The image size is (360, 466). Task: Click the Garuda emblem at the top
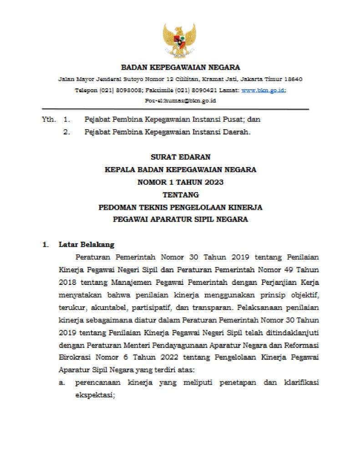click(x=180, y=40)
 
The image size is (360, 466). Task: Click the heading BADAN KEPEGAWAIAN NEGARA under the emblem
click(x=180, y=68)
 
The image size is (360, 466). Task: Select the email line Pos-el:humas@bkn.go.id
click(x=180, y=101)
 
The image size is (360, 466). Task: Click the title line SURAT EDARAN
click(x=180, y=157)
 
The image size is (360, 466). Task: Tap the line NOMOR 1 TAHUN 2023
click(x=180, y=182)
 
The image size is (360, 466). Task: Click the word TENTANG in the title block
click(x=180, y=194)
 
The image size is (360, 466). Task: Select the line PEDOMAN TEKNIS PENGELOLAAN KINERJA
click(x=180, y=207)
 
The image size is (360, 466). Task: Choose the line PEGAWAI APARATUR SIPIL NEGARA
click(x=180, y=219)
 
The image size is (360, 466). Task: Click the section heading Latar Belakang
click(x=86, y=244)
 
